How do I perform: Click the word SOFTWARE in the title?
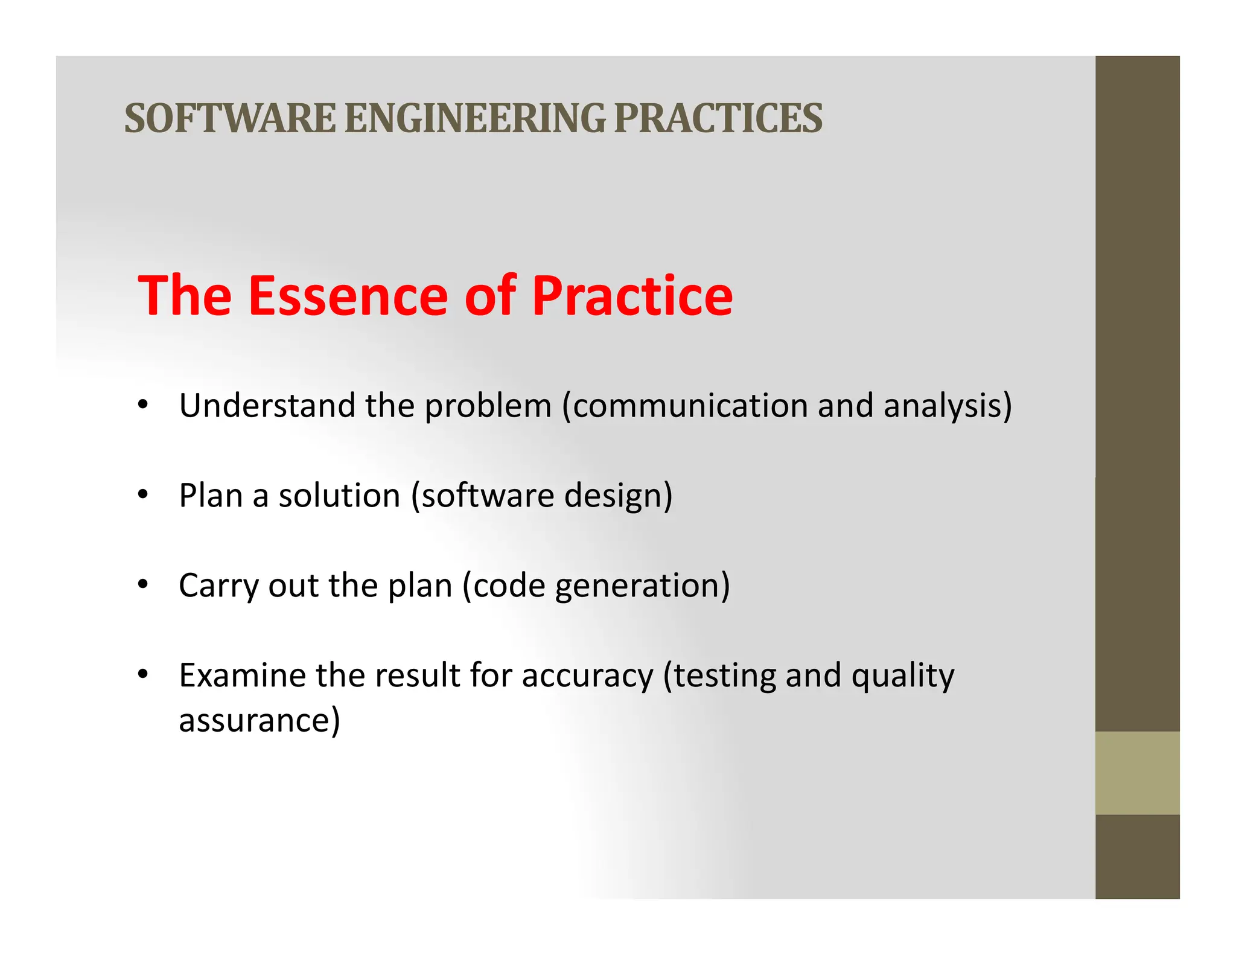click(229, 118)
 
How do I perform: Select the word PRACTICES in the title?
click(718, 118)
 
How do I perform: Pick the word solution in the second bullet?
click(339, 496)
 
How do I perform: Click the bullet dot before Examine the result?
click(142, 674)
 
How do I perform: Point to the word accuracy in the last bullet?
click(587, 676)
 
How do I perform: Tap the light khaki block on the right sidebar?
click(1137, 773)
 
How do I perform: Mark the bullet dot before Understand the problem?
click(142, 405)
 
